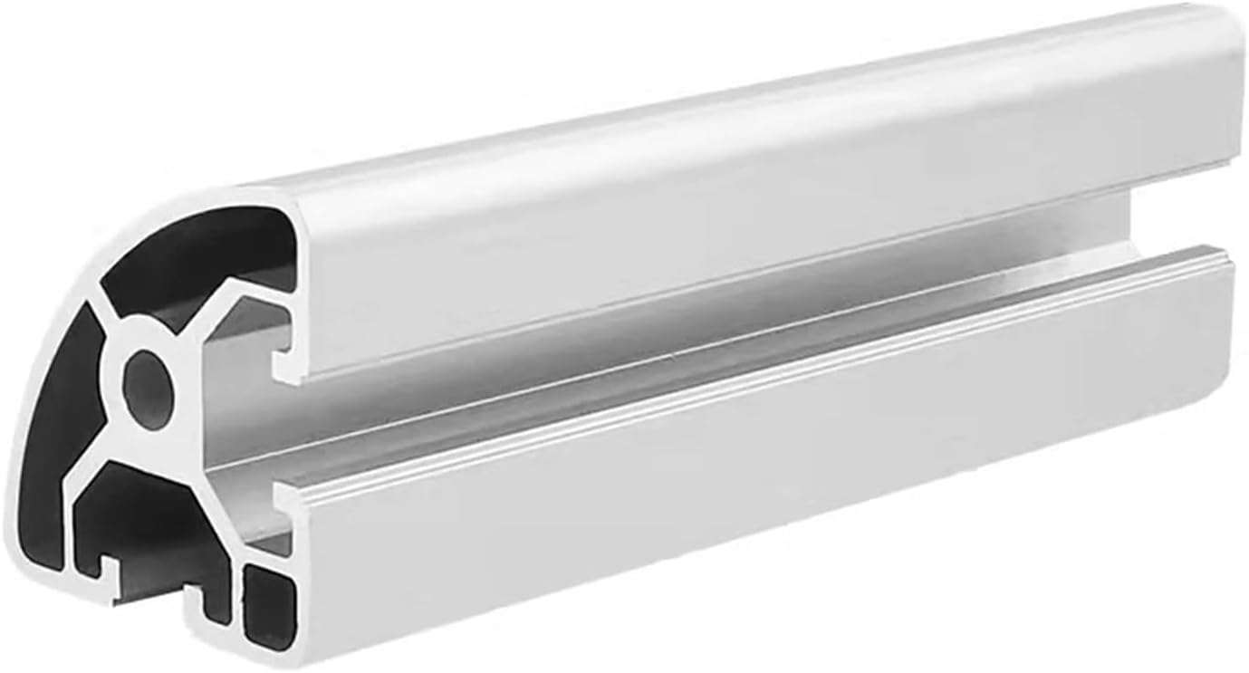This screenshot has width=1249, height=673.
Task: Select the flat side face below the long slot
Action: click(725, 453)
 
